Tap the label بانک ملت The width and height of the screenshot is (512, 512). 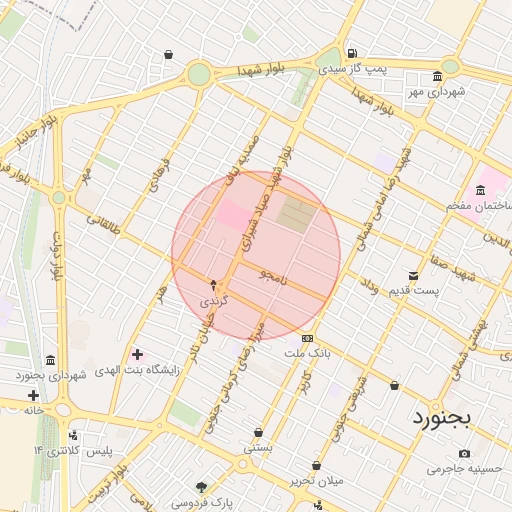[x=306, y=354]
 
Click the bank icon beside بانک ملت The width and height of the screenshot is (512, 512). [x=306, y=338]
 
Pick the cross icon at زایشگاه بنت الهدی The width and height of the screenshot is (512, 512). [x=136, y=354]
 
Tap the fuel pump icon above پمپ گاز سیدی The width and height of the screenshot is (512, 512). [x=351, y=53]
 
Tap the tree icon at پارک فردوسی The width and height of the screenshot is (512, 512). [x=203, y=487]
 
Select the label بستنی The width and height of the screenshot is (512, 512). [x=258, y=449]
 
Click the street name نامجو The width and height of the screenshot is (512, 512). [x=272, y=276]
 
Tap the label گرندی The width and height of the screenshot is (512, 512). [x=214, y=300]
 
